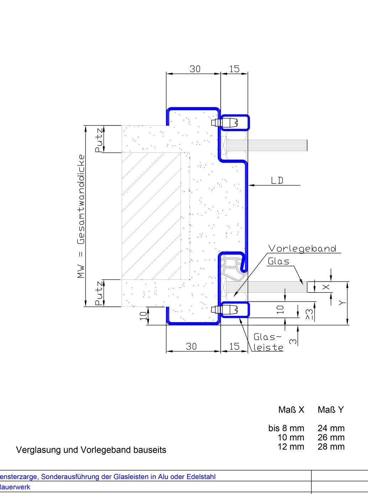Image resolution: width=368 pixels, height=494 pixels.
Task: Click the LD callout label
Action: tap(277, 181)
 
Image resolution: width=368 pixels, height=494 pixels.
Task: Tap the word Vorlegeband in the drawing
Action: tap(302, 248)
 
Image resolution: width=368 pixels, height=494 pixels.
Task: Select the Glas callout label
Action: tap(278, 262)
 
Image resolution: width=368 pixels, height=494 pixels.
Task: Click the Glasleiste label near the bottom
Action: tap(268, 342)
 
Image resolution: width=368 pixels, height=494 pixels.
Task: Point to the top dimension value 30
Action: tap(195, 69)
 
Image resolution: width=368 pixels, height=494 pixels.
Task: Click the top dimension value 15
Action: tap(234, 69)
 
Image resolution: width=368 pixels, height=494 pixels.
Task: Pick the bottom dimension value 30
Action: tap(191, 347)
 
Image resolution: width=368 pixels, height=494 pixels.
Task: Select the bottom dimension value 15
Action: tap(234, 347)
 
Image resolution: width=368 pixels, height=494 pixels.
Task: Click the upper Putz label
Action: tap(99, 140)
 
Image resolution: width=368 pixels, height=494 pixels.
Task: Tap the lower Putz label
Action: tap(99, 293)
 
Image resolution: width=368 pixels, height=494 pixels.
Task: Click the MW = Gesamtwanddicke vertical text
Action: tap(81, 216)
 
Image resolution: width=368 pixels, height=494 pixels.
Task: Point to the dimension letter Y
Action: tap(342, 303)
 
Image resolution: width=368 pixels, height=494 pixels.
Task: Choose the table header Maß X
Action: tap(291, 410)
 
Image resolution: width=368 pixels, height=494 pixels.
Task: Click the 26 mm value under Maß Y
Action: tap(331, 437)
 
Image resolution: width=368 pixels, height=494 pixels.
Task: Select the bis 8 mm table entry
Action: tap(286, 428)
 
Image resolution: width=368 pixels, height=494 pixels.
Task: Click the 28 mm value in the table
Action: tap(331, 447)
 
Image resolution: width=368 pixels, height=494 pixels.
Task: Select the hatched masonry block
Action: tap(151, 216)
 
